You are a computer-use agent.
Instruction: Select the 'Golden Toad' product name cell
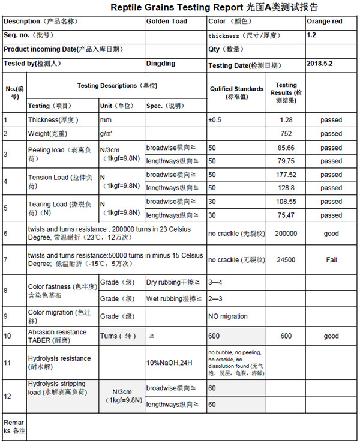point(167,22)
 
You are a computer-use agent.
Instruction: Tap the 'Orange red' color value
point(324,22)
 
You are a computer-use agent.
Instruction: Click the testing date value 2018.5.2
point(320,63)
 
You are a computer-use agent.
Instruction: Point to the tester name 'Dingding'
point(161,63)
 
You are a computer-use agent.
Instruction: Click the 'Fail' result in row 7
point(331,260)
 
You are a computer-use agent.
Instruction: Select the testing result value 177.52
point(286,175)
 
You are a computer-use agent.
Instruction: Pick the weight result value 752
point(286,134)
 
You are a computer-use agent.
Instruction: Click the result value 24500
point(286,260)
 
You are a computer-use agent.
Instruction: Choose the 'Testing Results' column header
point(286,92)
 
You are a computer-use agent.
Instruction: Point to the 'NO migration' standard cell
point(228,316)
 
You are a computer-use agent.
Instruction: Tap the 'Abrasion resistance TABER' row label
point(57,336)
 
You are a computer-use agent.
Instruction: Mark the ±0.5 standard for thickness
point(215,120)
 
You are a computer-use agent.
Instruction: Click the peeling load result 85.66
point(286,148)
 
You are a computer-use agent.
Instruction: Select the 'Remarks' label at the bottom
point(14,427)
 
